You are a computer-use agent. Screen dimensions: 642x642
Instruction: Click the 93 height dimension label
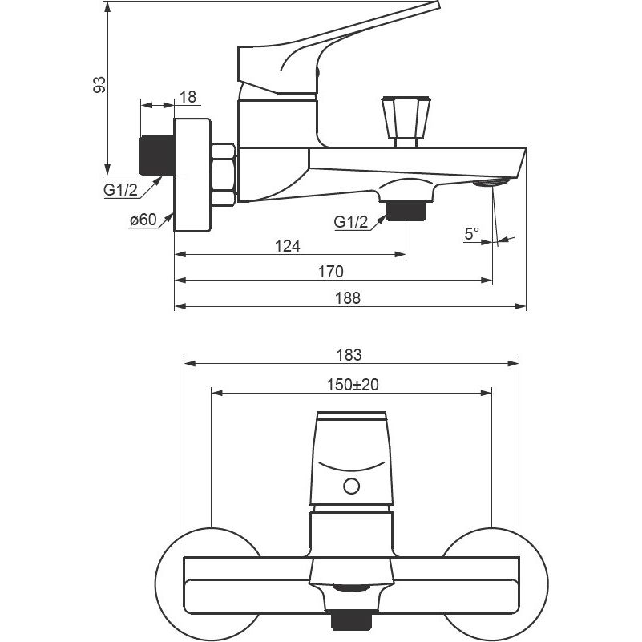(x=99, y=85)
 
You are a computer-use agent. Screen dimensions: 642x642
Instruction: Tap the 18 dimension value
(x=188, y=97)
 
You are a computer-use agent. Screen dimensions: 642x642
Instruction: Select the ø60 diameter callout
(x=143, y=221)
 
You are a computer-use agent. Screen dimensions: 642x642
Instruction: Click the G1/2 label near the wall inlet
(x=120, y=191)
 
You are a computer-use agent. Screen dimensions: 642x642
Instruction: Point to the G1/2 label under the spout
(x=351, y=222)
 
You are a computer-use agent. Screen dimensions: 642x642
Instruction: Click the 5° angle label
(x=472, y=233)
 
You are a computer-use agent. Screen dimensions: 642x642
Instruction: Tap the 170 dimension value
(x=330, y=272)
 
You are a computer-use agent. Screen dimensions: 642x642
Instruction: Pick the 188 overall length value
(x=348, y=297)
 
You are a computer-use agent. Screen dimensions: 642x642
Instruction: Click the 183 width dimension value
(x=349, y=355)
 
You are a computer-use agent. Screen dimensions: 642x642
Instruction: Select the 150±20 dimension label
(x=353, y=385)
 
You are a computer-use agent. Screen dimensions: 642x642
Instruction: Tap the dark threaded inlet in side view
(x=157, y=155)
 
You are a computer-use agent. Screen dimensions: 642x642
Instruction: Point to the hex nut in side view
(x=223, y=174)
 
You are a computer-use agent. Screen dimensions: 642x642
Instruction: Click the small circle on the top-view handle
(x=351, y=486)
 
